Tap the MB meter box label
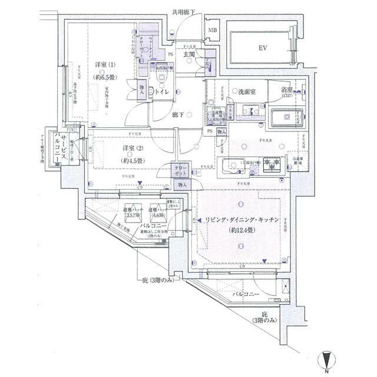(x=212, y=30)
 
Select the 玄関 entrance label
(x=189, y=54)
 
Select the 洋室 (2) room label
(x=133, y=147)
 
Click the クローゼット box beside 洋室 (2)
(x=181, y=171)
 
